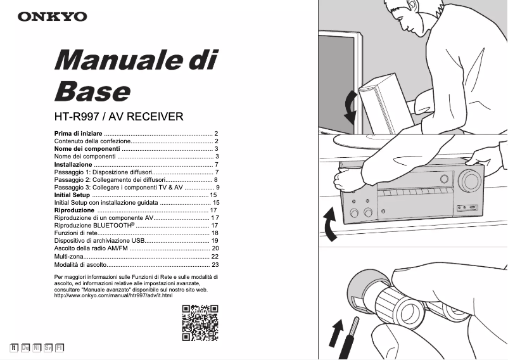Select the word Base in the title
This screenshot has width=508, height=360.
(x=92, y=91)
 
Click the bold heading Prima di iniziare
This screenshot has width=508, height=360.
(x=78, y=133)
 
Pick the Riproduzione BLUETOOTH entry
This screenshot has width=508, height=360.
(x=94, y=225)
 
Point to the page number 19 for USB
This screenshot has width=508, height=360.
(x=215, y=241)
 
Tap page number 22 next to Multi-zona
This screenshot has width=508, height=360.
(x=215, y=256)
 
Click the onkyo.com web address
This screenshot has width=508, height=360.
(x=105, y=295)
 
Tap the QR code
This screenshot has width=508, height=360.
(x=200, y=323)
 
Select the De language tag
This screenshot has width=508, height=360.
(x=25, y=347)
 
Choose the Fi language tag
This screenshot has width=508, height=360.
(x=60, y=347)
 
